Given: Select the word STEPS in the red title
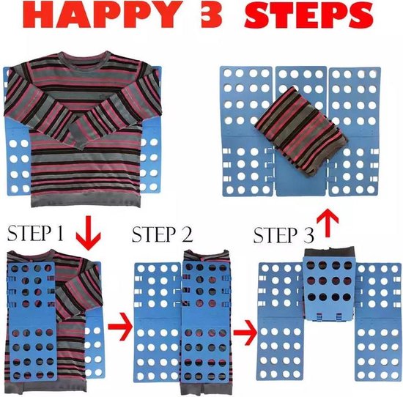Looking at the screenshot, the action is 308,15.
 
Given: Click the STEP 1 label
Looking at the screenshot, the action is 35,233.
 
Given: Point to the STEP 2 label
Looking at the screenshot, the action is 162,234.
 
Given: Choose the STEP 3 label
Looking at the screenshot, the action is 284,235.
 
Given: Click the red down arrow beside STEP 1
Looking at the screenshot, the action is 89,233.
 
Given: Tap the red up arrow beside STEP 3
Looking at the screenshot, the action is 328,223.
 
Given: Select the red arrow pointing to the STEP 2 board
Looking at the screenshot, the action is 120,327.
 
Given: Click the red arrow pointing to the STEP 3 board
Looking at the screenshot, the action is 245,332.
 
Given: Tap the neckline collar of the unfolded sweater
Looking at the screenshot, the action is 86,56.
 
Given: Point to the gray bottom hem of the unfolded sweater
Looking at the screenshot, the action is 86,200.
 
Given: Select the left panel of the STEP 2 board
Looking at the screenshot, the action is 158,322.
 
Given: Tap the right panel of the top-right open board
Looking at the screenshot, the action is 354,132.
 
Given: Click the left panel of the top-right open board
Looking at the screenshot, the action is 247,132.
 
